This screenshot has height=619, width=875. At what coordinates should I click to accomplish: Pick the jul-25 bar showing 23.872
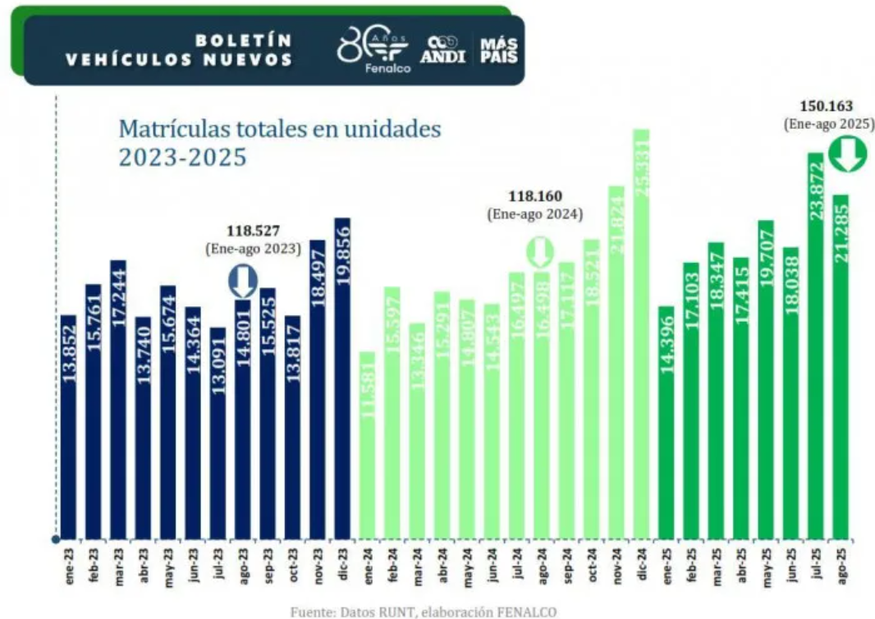pos(815,345)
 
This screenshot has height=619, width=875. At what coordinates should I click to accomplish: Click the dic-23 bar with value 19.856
pos(342,378)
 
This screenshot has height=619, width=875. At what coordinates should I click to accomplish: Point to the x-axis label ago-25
pos(841,566)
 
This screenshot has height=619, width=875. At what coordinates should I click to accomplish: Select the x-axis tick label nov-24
pos(616,566)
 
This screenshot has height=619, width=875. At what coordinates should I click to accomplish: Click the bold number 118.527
pos(252,231)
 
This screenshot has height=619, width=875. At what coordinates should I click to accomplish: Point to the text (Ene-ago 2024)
pos(534,214)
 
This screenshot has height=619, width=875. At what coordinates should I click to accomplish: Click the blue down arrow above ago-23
pos(242,281)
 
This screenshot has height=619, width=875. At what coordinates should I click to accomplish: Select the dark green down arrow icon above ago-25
pos(848,154)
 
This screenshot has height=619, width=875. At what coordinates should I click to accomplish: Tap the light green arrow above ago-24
pos(539,251)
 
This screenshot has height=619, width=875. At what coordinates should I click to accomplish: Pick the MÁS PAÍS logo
pos(499,50)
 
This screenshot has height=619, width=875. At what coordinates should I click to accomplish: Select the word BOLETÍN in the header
pos(244,39)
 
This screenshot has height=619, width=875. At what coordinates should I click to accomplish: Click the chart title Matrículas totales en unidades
pos(280,129)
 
